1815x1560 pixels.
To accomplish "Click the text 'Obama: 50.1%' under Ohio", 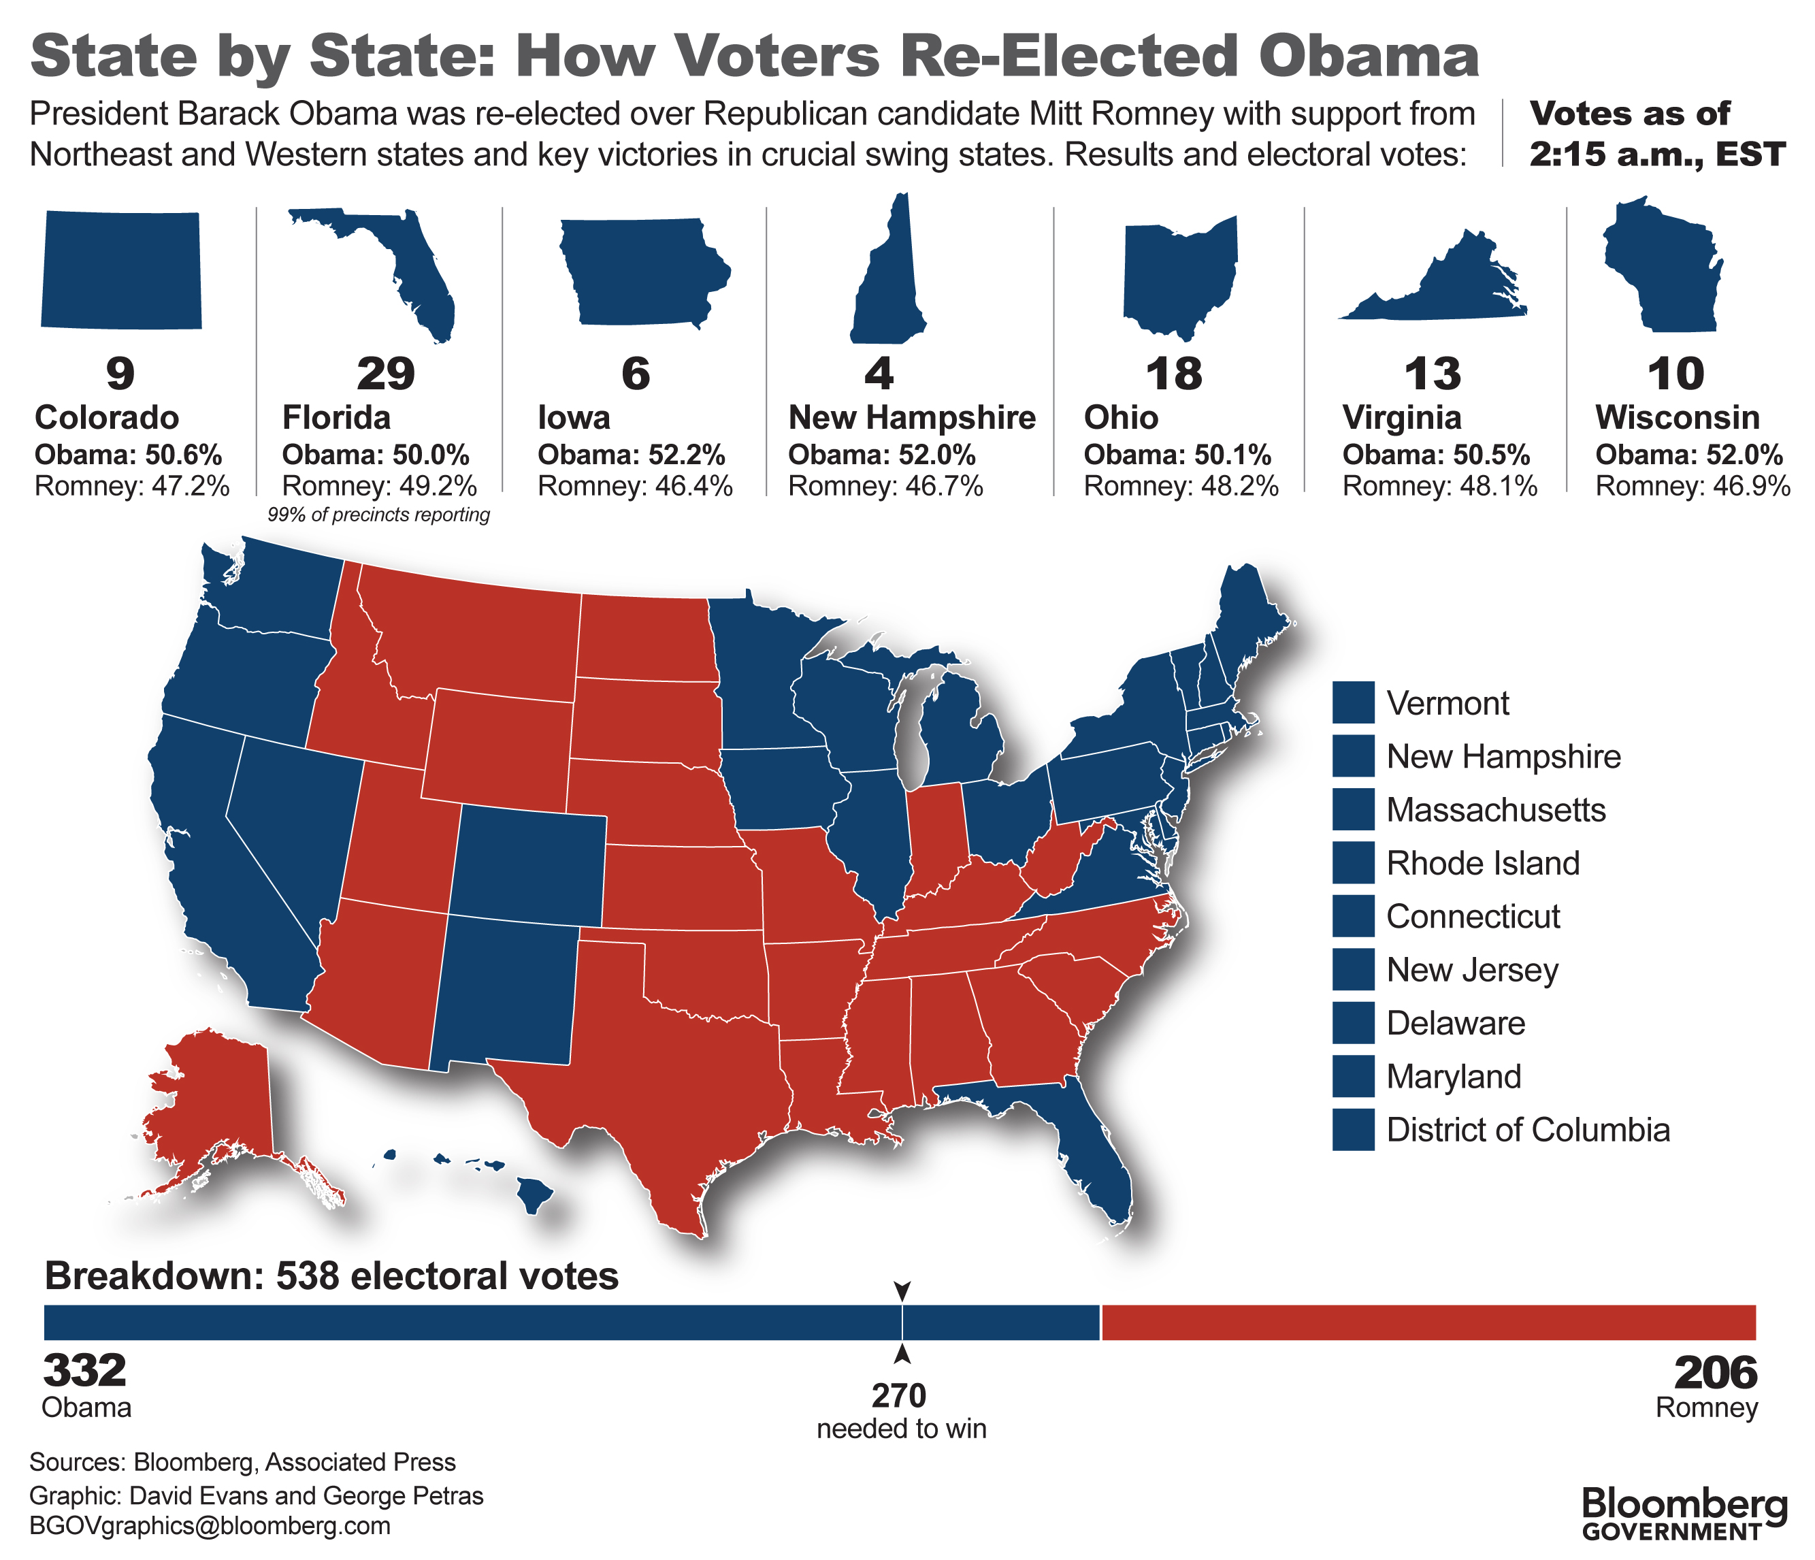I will [x=1177, y=455].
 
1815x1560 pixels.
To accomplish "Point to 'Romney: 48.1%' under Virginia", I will [x=1439, y=486].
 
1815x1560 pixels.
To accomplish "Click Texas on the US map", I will [x=666, y=1077].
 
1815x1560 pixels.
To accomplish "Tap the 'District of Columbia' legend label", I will [x=1528, y=1131].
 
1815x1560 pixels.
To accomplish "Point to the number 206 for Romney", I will [x=1715, y=1374].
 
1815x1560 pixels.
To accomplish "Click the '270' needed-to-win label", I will [x=899, y=1395].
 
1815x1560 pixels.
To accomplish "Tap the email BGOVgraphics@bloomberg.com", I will [x=210, y=1526].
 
